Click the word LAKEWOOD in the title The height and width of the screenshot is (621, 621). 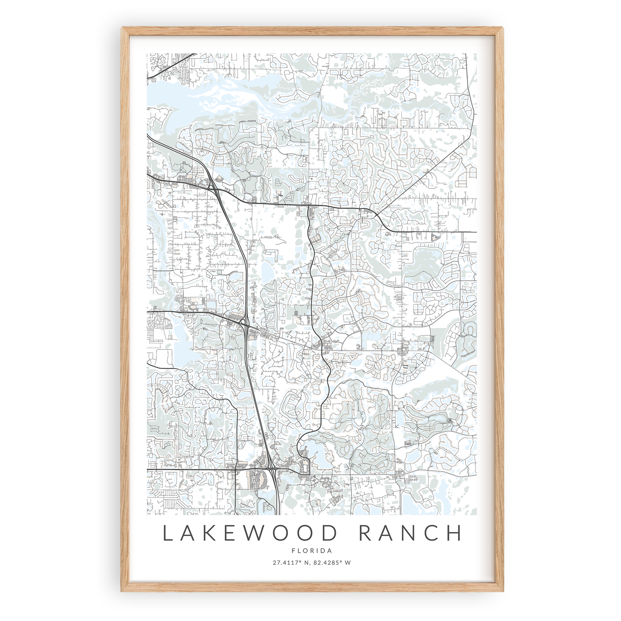pos(250,533)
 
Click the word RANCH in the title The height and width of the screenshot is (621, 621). pos(410,533)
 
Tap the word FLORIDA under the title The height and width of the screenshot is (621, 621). pos(312,551)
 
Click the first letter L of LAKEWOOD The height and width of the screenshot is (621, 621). pos(168,533)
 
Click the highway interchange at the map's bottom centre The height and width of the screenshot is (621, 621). pos(272,469)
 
